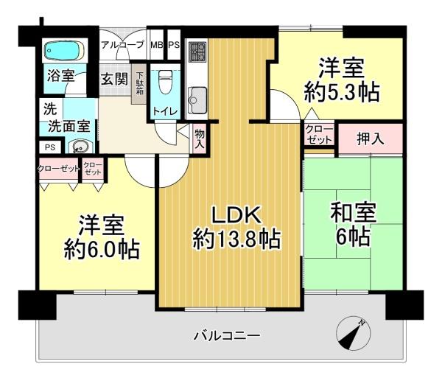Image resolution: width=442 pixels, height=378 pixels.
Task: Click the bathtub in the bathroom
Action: pyautogui.click(x=64, y=51)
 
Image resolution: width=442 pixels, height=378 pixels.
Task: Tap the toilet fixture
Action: pyautogui.click(x=166, y=82)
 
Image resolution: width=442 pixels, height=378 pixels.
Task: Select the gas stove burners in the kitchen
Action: pyautogui.click(x=197, y=52)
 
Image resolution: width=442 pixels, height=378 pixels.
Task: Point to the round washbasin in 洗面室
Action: pyautogui.click(x=80, y=147)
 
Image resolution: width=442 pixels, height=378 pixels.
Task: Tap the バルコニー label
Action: pyautogui.click(x=227, y=335)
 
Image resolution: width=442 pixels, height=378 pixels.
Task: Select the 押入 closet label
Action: pyautogui.click(x=370, y=139)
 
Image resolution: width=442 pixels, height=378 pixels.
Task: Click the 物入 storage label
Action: pyautogui.click(x=200, y=139)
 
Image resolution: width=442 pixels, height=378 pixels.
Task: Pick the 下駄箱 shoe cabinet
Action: pyautogui.click(x=139, y=84)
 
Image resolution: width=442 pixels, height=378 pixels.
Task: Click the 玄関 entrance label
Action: pyautogui.click(x=114, y=79)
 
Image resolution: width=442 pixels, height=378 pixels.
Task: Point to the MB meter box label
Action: pyautogui.click(x=157, y=45)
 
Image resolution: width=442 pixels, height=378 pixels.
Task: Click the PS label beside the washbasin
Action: pyautogui.click(x=50, y=147)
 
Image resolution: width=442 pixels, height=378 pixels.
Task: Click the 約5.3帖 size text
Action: pyautogui.click(x=341, y=93)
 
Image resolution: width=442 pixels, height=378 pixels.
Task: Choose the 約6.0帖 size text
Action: pyautogui.click(x=102, y=250)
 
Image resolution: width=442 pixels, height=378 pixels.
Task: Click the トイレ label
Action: pyautogui.click(x=165, y=111)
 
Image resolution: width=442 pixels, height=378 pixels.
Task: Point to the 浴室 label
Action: pyautogui.click(x=60, y=75)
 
